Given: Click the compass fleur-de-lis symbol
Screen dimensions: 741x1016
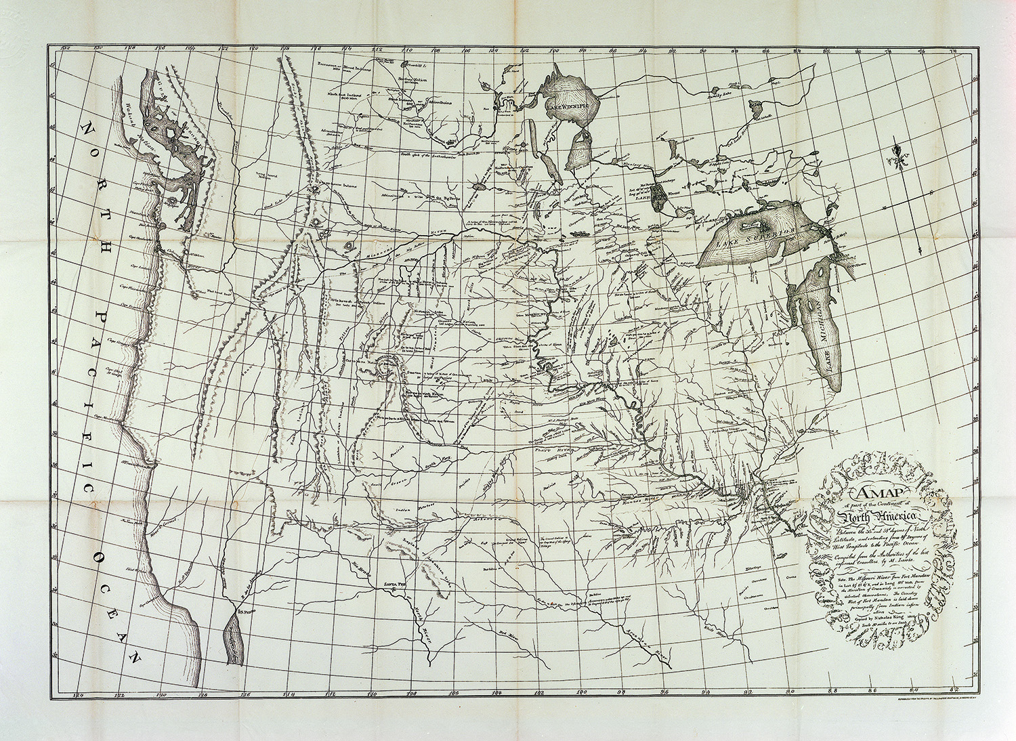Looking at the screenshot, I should (898, 154).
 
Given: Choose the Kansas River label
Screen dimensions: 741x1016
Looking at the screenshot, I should (636, 500).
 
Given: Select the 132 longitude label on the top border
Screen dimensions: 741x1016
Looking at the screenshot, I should (66, 49).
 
